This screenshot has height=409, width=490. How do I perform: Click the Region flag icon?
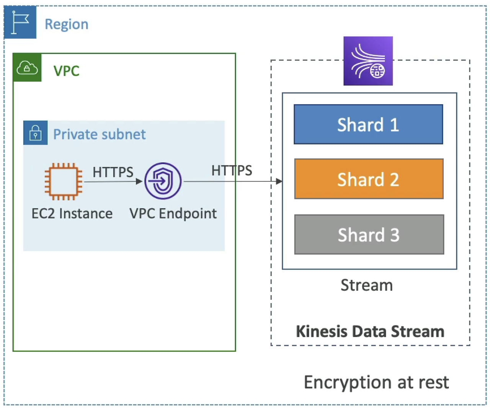tap(20, 22)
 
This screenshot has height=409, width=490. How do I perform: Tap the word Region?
tap(67, 24)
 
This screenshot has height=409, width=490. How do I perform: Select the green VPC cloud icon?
tap(27, 68)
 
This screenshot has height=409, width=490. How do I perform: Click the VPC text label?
tap(67, 71)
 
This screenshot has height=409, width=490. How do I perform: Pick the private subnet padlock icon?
tap(36, 133)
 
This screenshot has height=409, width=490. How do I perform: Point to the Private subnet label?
tap(100, 134)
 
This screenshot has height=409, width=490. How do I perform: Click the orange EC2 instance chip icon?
tap(64, 181)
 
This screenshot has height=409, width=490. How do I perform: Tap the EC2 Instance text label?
tap(72, 213)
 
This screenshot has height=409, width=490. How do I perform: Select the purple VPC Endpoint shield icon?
tap(163, 181)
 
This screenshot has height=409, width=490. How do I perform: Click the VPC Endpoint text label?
tap(173, 213)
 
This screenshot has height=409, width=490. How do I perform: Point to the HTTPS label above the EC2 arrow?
tap(113, 172)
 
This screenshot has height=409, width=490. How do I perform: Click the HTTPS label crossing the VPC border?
tap(232, 171)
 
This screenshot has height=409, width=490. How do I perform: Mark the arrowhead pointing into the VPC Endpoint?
tap(139, 181)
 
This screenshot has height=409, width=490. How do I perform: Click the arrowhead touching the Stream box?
tap(279, 181)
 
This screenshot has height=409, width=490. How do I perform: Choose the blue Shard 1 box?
tap(368, 124)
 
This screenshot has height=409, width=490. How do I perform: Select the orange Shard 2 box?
tap(369, 179)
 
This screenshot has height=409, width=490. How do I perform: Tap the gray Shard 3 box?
tap(369, 234)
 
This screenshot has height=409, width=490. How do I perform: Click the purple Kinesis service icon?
tap(368, 61)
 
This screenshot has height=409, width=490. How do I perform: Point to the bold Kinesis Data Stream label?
tap(370, 332)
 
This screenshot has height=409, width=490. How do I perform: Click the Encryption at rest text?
tap(376, 383)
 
